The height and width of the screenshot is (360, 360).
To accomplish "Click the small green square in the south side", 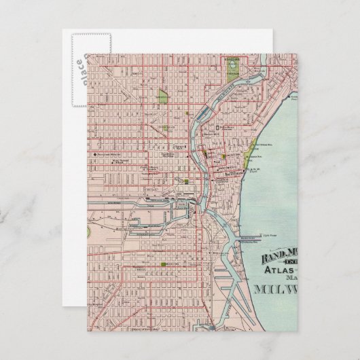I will [164, 264].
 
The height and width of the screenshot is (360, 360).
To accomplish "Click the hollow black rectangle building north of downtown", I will [218, 127].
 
